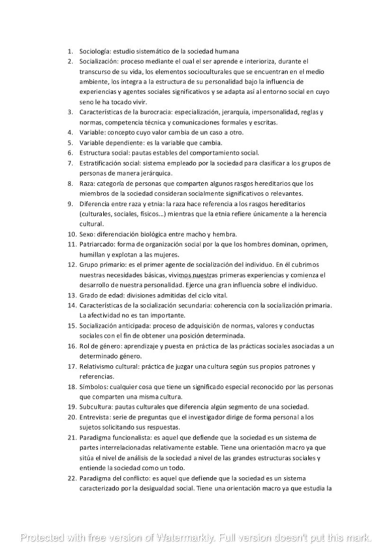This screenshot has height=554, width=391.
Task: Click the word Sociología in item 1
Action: (x=95, y=51)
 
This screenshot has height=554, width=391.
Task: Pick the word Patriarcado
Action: (x=97, y=244)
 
